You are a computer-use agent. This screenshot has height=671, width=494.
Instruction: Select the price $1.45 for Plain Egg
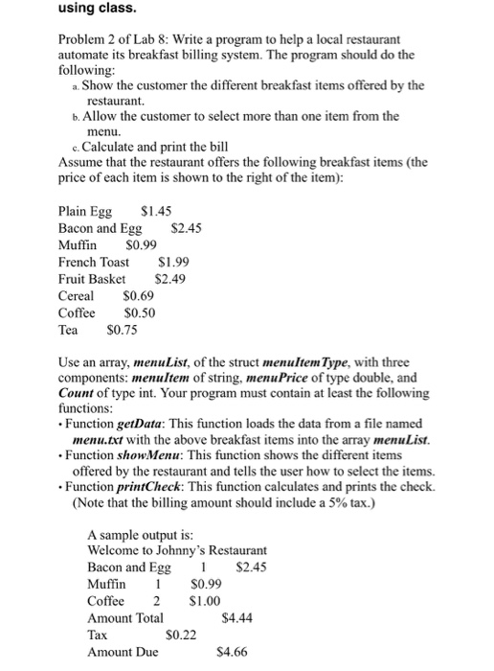[156, 210]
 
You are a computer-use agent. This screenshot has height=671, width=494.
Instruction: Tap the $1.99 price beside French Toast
[172, 262]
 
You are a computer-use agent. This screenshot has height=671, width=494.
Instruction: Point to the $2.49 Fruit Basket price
[169, 279]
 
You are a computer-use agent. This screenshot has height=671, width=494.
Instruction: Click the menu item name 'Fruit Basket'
[92, 279]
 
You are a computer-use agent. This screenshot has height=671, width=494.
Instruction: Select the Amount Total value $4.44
[236, 618]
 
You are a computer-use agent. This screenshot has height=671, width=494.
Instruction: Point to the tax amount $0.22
[181, 635]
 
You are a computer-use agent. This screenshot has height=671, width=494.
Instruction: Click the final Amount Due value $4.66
[233, 652]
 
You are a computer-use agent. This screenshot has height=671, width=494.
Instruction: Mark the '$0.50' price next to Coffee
[140, 312]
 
